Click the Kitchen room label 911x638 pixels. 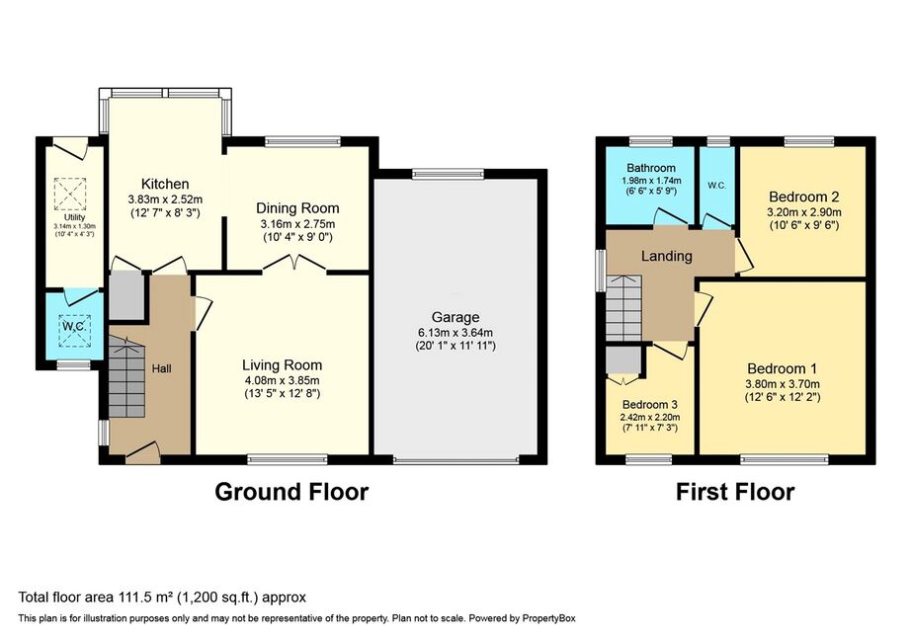pyautogui.click(x=166, y=184)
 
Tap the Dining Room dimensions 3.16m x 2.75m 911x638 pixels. pyautogui.click(x=297, y=224)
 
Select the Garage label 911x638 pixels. pyautogui.click(x=455, y=317)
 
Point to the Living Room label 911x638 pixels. pyautogui.click(x=282, y=365)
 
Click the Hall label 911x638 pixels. pyautogui.click(x=161, y=368)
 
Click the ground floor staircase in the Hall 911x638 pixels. pyautogui.click(x=126, y=377)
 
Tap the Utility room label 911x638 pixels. pyautogui.click(x=74, y=217)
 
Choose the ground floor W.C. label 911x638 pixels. pyautogui.click(x=74, y=326)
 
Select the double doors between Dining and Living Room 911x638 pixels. pyautogui.click(x=294, y=263)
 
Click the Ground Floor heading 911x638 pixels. pyautogui.click(x=291, y=492)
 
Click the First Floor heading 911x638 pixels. pyautogui.click(x=735, y=492)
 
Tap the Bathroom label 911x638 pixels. pyautogui.click(x=651, y=168)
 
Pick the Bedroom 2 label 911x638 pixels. pyautogui.click(x=804, y=197)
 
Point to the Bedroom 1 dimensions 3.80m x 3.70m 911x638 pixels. pyautogui.click(x=783, y=384)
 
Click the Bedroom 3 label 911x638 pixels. pyautogui.click(x=649, y=405)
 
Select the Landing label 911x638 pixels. pyautogui.click(x=666, y=256)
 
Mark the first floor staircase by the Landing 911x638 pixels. pyautogui.click(x=623, y=308)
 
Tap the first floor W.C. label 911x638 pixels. pyautogui.click(x=716, y=186)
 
